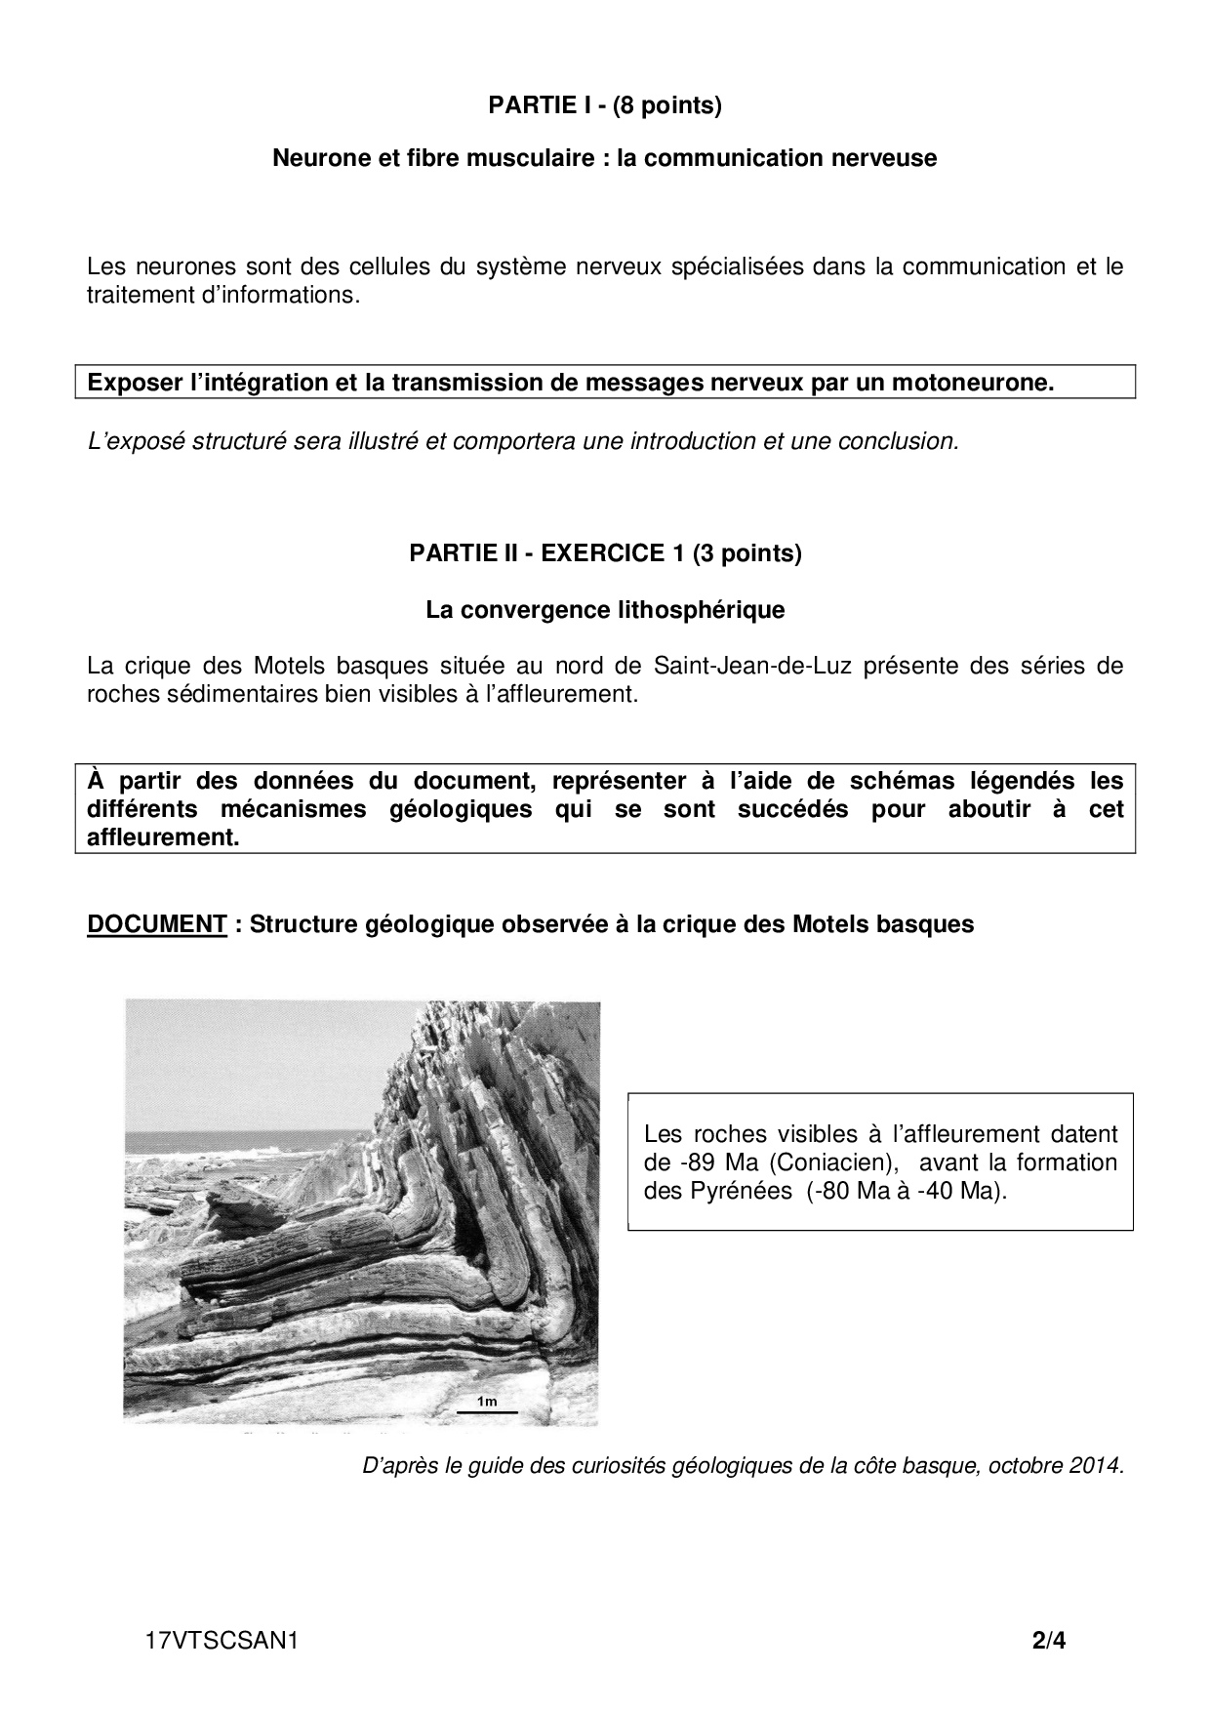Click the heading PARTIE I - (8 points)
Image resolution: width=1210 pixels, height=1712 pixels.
point(604,105)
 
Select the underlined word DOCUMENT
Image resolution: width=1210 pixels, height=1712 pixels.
point(156,923)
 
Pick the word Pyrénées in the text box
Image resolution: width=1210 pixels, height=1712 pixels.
point(746,1192)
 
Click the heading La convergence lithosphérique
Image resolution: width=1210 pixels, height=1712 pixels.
point(604,610)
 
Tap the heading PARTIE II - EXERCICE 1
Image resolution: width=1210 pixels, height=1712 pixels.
point(604,553)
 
